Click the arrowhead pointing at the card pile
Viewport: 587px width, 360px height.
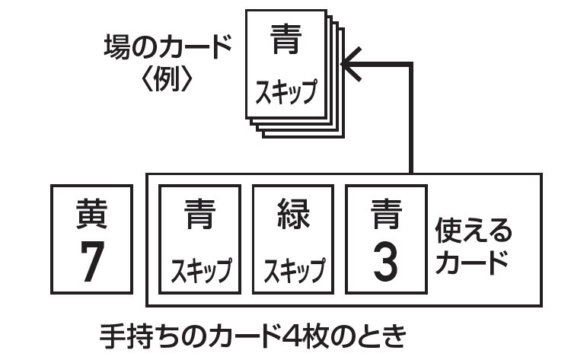click(x=349, y=66)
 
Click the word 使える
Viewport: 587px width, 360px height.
click(x=473, y=230)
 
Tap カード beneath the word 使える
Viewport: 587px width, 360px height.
click(x=471, y=262)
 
